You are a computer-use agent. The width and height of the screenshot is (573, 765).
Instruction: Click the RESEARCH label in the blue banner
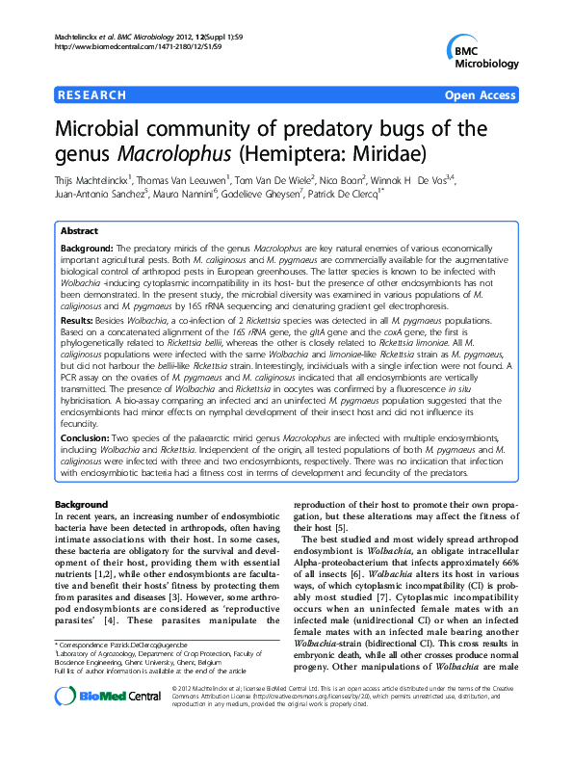click(91, 95)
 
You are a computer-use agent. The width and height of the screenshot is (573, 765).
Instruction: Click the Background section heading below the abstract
click(81, 505)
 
